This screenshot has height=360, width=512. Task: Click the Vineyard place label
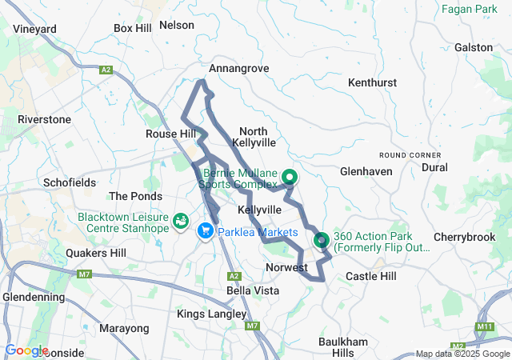point(35,29)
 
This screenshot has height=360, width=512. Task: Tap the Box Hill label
point(133,28)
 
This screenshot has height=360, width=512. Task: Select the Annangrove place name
point(239,69)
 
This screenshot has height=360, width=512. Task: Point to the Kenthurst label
point(374,82)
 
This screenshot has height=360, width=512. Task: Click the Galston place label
point(474,47)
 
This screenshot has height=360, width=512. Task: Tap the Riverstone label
point(45,119)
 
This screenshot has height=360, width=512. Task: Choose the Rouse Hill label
point(170,134)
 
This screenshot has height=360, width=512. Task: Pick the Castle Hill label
point(370,276)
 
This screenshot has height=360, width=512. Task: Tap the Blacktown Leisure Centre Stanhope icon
point(182,218)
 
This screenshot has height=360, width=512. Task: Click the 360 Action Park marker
point(322,238)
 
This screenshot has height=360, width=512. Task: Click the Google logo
point(26,350)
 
